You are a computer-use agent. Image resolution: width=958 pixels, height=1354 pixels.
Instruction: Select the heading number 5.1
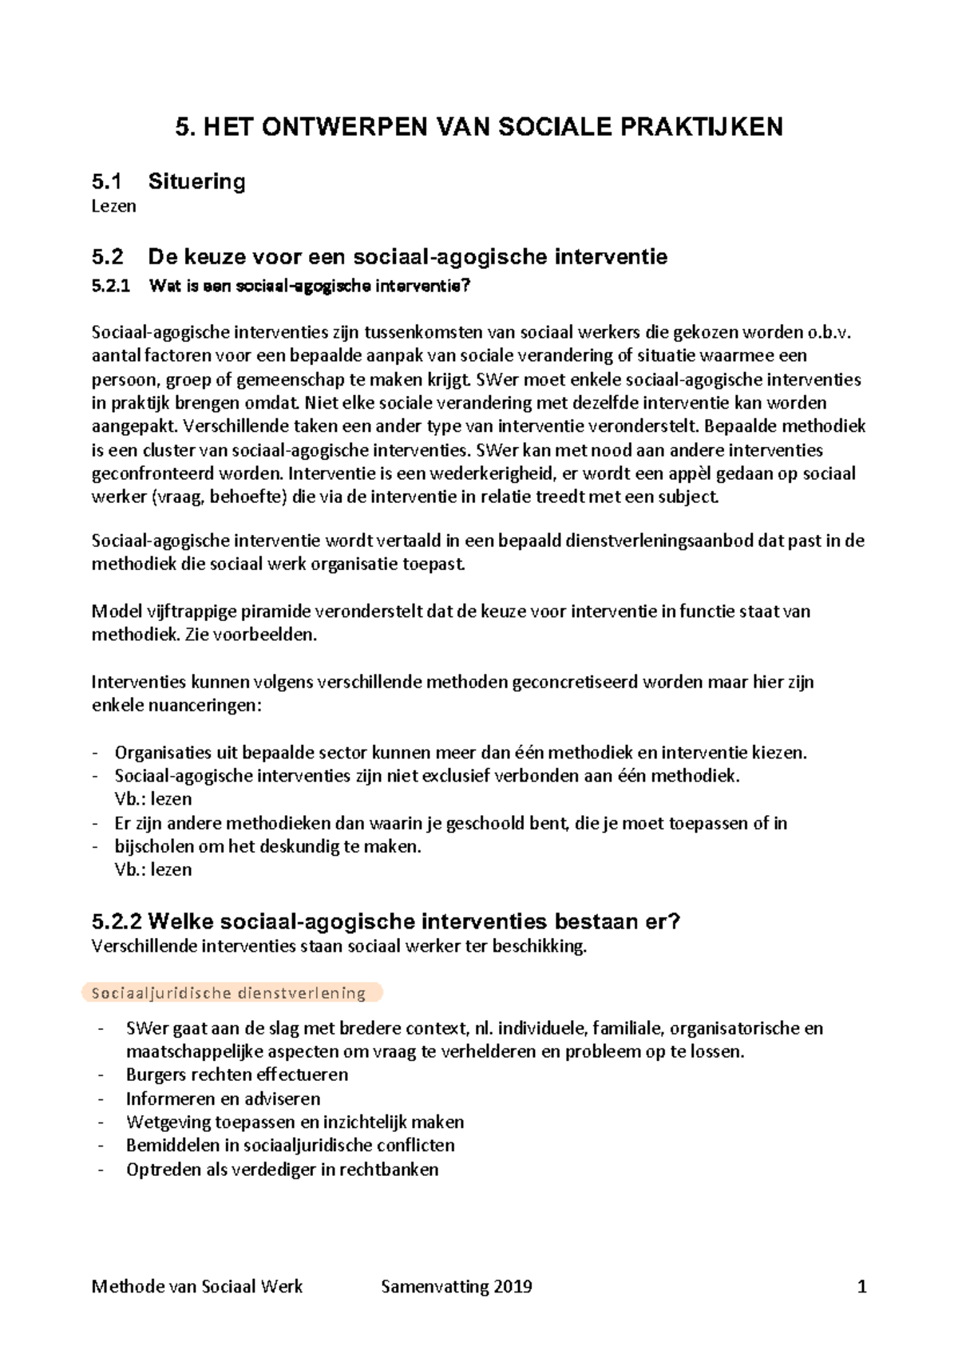coord(107,182)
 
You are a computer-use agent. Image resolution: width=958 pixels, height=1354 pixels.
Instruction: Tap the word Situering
coord(196,182)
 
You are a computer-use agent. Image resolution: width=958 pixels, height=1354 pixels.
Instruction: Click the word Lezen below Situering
coord(113,206)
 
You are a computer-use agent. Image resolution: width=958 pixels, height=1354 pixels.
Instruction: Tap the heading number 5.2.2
coord(117,922)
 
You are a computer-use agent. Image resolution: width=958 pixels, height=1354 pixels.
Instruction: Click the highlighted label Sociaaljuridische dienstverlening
coord(229,993)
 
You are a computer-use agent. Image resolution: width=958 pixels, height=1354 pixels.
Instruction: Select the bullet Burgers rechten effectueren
coord(237,1075)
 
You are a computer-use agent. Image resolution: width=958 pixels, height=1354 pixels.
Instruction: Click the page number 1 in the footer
coord(861,1286)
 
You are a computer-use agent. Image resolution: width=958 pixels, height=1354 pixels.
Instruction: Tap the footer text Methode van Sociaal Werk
coord(197,1286)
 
